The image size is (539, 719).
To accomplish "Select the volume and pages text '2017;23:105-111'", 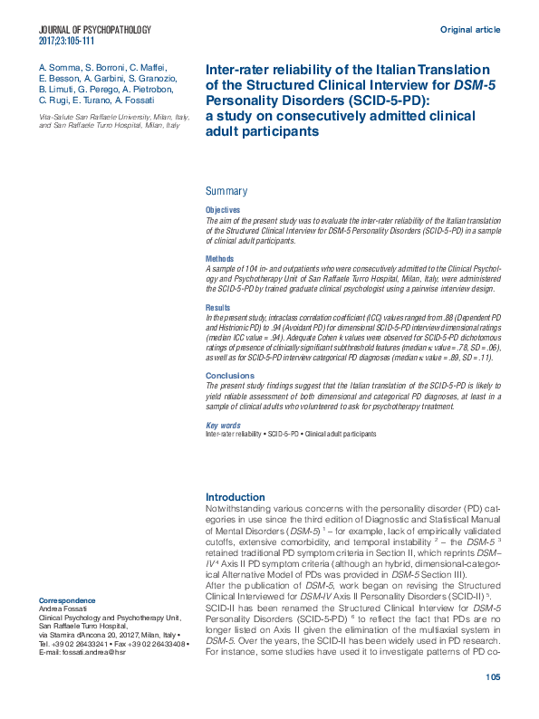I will point(69,42).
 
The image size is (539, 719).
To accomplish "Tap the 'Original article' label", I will point(470,30).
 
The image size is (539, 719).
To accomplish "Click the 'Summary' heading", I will point(226,191).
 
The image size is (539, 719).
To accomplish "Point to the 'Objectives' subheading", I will point(223,210).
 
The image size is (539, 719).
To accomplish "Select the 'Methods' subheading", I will point(220,258).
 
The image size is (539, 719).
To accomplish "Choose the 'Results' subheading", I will point(218,308).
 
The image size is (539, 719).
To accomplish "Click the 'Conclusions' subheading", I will point(230,375).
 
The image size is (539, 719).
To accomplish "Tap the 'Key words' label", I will point(223,425).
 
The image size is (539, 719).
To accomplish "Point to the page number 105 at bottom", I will point(493,703).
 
